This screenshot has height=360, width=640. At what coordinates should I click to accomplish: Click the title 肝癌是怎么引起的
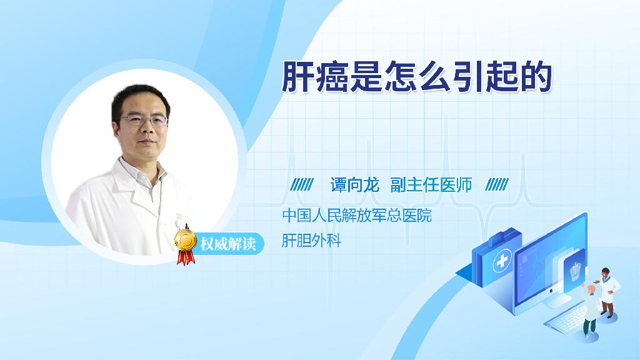tap(417, 77)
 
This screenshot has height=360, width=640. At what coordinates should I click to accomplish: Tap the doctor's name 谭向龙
tap(355, 185)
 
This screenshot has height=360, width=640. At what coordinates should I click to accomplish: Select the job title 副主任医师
tap(431, 185)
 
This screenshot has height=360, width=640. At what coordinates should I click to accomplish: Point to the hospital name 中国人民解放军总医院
tap(357, 216)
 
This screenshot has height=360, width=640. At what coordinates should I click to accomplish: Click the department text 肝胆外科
tap(311, 241)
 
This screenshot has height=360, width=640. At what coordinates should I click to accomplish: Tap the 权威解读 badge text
tap(227, 244)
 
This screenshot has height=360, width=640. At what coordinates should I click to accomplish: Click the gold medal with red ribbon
tap(185, 246)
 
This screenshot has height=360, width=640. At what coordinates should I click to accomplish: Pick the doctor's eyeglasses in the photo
tap(144, 120)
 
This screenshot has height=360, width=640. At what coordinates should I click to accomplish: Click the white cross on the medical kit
tap(502, 261)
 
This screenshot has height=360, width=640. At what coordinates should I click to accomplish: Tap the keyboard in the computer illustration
tap(565, 318)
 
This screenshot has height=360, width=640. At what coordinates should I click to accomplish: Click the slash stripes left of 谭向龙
tap(302, 185)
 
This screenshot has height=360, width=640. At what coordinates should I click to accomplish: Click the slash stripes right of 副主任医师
tap(497, 185)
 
